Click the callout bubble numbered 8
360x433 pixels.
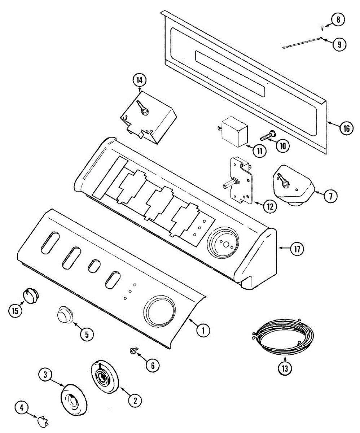pyautogui.click(x=338, y=20)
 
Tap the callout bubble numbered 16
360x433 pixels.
pyautogui.click(x=346, y=128)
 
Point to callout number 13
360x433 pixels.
pyautogui.click(x=286, y=369)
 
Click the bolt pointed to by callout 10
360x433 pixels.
pyautogui.click(x=267, y=136)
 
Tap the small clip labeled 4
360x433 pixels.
pyautogui.click(x=42, y=420)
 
